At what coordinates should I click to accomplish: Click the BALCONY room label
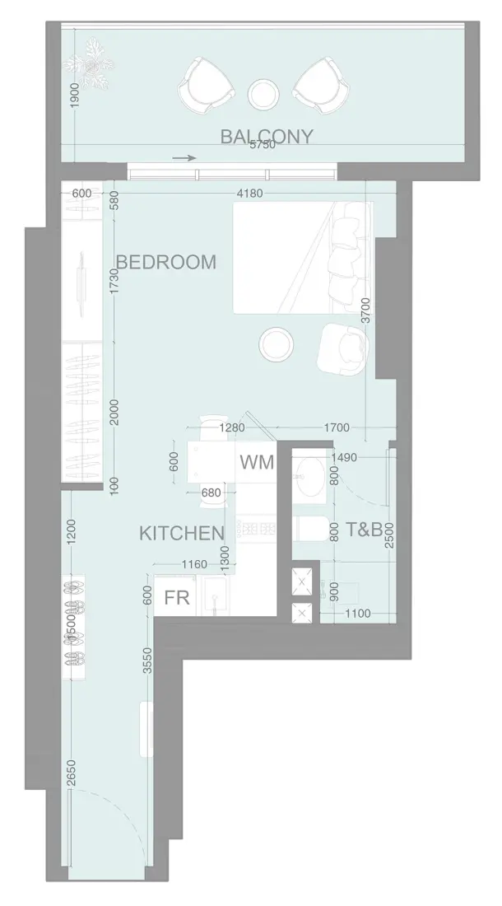[266, 136]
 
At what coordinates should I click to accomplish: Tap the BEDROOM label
[166, 262]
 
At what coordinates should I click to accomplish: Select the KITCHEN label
[181, 533]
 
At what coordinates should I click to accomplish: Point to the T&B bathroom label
[363, 530]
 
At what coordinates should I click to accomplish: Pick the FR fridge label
[177, 599]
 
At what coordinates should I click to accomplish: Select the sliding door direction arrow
[185, 158]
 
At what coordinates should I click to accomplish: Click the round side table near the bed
[274, 344]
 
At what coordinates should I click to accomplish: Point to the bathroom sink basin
[310, 475]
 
